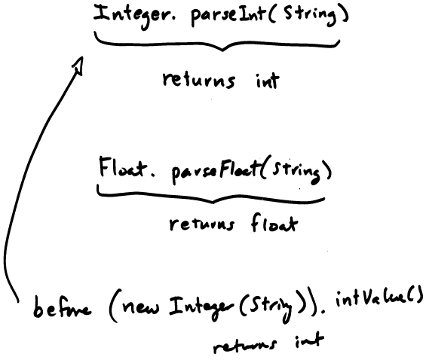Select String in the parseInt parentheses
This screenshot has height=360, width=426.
(310, 14)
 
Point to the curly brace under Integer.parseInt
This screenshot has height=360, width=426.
(217, 44)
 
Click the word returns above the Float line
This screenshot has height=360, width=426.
(199, 81)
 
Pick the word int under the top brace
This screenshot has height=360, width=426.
(268, 80)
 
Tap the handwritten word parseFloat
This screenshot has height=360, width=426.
(215, 169)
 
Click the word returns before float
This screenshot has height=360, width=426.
(201, 224)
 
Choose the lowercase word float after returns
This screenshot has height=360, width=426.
(274, 222)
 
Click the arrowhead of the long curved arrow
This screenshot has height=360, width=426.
(78, 65)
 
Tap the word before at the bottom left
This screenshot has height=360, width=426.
(62, 309)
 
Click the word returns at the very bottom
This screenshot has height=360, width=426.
(245, 345)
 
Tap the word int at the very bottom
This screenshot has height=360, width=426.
(310, 340)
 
